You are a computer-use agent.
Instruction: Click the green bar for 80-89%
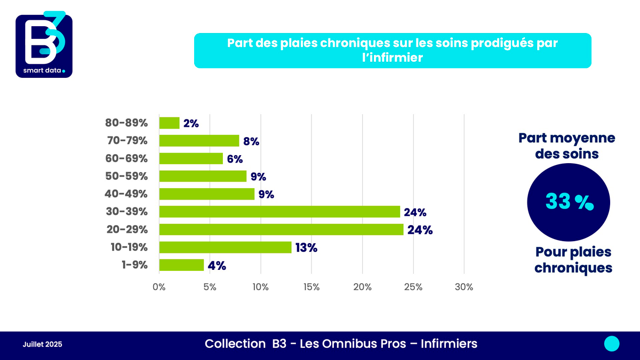(170, 123)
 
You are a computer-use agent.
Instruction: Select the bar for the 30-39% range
(279, 212)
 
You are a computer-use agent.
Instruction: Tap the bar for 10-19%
(225, 247)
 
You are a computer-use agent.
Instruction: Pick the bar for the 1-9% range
(181, 265)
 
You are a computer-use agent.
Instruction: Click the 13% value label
(306, 247)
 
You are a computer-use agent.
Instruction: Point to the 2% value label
(191, 123)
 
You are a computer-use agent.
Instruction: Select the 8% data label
(251, 141)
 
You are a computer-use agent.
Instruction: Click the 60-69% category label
(126, 158)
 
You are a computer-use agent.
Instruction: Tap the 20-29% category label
(126, 229)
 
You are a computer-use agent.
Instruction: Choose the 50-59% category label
(126, 176)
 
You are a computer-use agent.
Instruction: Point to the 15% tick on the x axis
(311, 287)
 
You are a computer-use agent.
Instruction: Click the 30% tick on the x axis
(463, 287)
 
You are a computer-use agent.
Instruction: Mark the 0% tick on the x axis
(159, 287)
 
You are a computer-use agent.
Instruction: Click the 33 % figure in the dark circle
(569, 202)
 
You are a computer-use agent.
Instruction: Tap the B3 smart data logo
(44, 45)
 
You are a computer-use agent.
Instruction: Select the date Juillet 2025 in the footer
(43, 345)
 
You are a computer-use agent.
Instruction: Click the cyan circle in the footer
(612, 344)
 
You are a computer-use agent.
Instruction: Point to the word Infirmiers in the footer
(449, 344)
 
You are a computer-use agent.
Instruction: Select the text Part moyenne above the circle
(567, 138)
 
